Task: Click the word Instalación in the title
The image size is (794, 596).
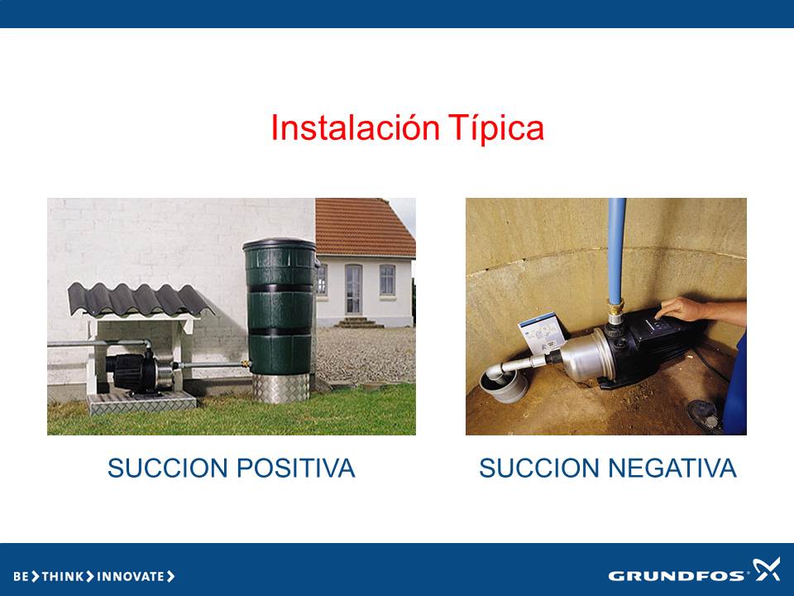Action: pyautogui.click(x=355, y=127)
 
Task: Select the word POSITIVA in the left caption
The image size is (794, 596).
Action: pyautogui.click(x=296, y=468)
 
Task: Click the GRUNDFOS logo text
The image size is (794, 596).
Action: pyautogui.click(x=677, y=576)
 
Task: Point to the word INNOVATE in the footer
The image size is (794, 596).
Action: pyautogui.click(x=131, y=576)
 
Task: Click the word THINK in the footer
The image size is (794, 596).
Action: pyautogui.click(x=63, y=576)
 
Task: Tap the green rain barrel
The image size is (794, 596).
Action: pyautogui.click(x=280, y=306)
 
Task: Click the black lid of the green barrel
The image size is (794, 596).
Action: pyautogui.click(x=280, y=245)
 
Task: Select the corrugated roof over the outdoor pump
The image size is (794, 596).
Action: pyautogui.click(x=139, y=300)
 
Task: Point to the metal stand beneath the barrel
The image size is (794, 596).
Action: pyautogui.click(x=280, y=388)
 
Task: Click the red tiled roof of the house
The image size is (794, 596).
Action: pyautogui.click(x=364, y=227)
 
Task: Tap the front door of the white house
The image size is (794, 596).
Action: pyautogui.click(x=353, y=290)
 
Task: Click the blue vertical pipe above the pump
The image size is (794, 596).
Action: pyautogui.click(x=616, y=251)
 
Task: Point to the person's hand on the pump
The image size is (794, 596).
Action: pyautogui.click(x=679, y=309)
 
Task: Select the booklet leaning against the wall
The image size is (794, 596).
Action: pyautogui.click(x=541, y=332)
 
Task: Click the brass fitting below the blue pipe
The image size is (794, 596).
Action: pyautogui.click(x=615, y=310)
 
